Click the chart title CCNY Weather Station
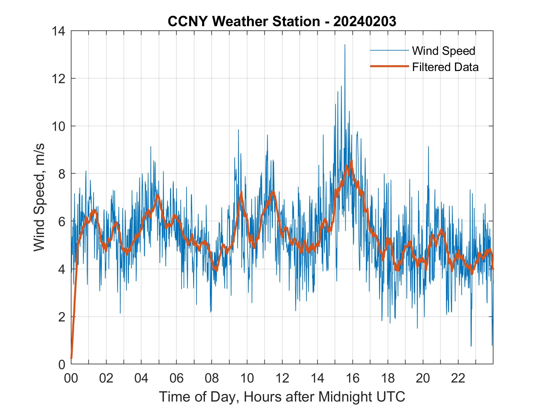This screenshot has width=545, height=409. point(244,21)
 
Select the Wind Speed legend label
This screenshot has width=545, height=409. point(443,51)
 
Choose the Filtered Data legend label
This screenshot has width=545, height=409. point(445,67)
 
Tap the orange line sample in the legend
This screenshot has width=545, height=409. point(389,66)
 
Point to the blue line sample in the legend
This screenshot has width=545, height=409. point(389,50)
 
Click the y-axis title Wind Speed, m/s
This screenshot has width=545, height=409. point(40,197)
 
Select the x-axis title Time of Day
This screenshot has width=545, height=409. point(282,397)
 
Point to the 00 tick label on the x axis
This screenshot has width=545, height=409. point(71,378)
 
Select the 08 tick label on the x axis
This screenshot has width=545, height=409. point(212,378)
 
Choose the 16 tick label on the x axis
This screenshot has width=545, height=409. point(353,378)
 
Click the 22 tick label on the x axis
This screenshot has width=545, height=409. point(458,378)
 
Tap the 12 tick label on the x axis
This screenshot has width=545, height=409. point(282,378)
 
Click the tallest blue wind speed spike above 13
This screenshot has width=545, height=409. point(344,45)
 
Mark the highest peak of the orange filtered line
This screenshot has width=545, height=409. point(352,161)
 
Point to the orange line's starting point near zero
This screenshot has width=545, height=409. point(71,358)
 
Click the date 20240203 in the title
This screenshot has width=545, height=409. point(365,21)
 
